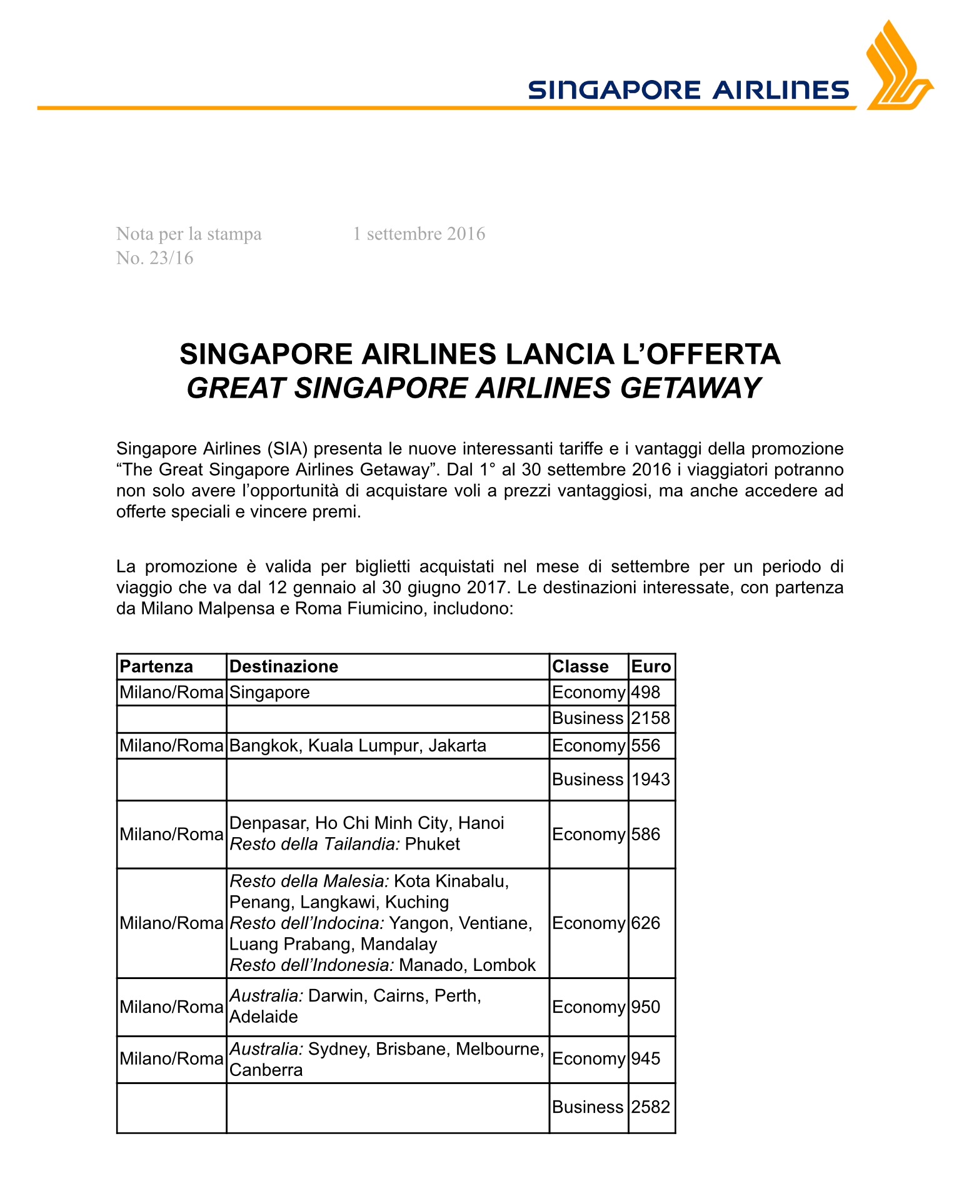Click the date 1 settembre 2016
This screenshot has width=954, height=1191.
point(419,234)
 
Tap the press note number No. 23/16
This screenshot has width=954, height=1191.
point(154,258)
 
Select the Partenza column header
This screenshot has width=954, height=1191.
point(156,666)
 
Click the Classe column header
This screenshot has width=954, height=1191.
point(580,666)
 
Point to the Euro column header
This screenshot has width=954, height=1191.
point(651,666)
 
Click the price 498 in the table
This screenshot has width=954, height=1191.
point(646,693)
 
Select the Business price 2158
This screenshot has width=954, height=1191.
point(651,718)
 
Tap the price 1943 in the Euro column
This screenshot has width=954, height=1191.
point(651,780)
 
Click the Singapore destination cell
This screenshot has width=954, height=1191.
point(269,693)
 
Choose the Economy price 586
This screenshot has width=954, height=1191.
point(646,835)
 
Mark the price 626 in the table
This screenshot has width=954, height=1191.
point(646,923)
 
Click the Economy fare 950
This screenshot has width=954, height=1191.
point(646,1007)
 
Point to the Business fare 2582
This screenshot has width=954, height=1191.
point(651,1107)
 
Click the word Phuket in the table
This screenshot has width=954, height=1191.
point(432,845)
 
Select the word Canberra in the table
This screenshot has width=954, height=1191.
point(266,1070)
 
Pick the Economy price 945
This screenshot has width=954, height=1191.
point(646,1058)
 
